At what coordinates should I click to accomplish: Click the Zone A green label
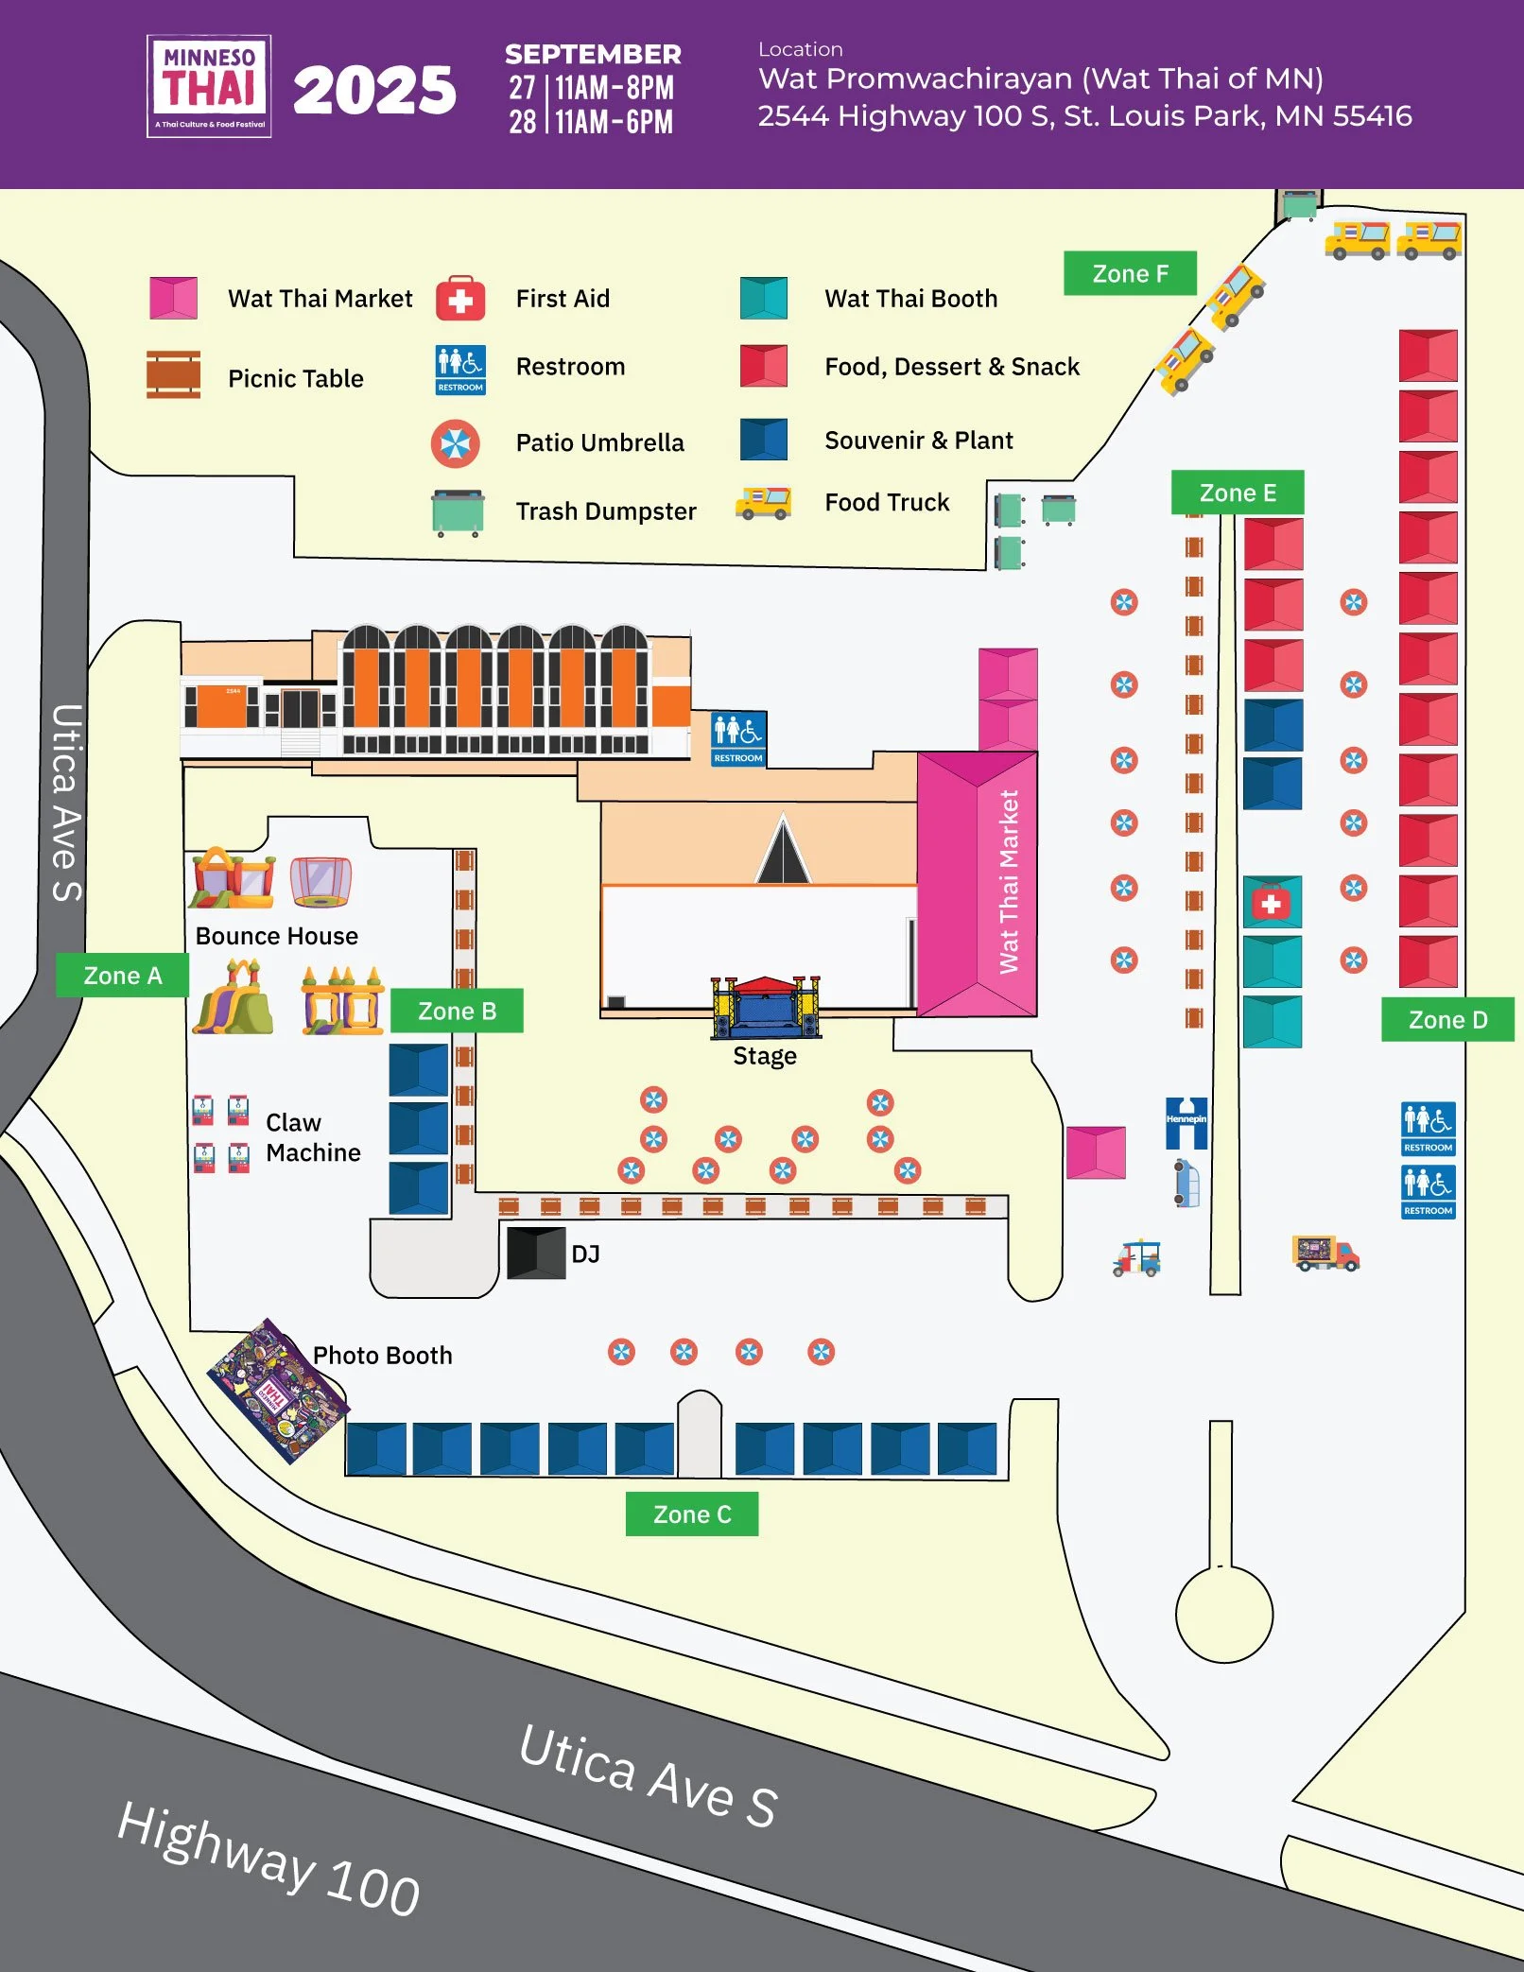tap(122, 976)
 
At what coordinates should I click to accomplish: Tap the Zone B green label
tap(457, 1011)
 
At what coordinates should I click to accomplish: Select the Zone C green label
tap(692, 1514)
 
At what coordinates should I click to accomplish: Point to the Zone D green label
tap(1447, 1020)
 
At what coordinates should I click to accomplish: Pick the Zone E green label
tap(1238, 493)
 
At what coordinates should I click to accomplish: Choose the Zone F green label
tap(1130, 273)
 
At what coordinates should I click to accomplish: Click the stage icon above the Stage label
tap(766, 1008)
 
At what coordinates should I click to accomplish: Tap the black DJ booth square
tap(536, 1254)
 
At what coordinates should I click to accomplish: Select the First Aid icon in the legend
tap(460, 299)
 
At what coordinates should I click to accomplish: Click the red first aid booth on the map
tap(1272, 903)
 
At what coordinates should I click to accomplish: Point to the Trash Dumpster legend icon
tap(458, 512)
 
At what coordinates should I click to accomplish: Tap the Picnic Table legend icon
tap(173, 375)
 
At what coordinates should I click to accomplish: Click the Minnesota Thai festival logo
tap(209, 87)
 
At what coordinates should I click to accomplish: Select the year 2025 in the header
tap(374, 92)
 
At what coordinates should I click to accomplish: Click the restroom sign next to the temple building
tap(738, 738)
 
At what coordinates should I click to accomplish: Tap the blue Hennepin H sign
tap(1186, 1122)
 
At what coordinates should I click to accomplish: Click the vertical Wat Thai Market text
tap(1009, 881)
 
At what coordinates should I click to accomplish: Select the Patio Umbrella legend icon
tap(456, 443)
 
